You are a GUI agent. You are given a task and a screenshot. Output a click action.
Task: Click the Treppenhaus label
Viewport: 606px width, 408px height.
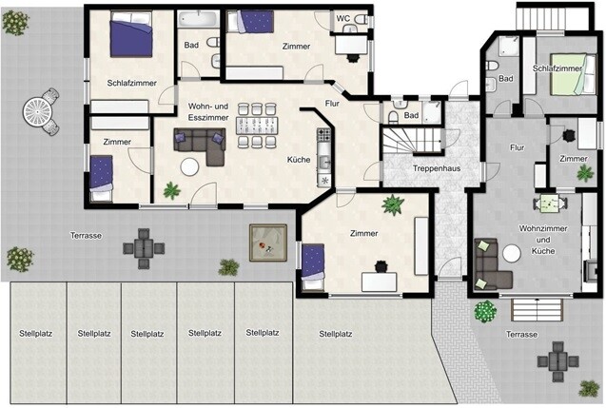(437, 168)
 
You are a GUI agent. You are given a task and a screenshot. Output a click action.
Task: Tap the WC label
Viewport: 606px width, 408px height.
(342, 18)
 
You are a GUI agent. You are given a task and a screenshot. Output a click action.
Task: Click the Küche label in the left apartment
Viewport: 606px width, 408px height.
(299, 160)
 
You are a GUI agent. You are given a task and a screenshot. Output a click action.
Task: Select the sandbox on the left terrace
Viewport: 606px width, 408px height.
(268, 243)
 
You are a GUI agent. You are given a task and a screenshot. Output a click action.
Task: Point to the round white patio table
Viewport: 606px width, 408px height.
(37, 112)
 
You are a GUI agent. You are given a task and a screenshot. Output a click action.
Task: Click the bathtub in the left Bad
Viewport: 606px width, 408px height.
(198, 19)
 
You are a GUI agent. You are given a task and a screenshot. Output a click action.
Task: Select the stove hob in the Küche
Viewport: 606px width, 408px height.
(323, 135)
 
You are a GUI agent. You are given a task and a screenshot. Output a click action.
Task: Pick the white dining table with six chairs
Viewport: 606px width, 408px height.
(257, 126)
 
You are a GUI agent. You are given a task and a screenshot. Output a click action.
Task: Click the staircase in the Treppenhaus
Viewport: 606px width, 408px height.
(412, 141)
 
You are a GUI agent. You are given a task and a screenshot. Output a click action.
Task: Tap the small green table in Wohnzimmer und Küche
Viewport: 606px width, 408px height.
(550, 204)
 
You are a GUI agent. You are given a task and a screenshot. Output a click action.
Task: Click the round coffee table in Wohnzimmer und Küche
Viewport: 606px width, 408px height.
(512, 254)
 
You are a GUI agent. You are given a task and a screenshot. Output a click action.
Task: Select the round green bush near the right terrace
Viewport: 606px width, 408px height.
(485, 311)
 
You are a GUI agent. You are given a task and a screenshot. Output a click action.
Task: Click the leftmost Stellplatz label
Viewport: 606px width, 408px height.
(35, 334)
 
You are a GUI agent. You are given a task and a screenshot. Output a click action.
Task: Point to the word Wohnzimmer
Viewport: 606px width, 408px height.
(543, 228)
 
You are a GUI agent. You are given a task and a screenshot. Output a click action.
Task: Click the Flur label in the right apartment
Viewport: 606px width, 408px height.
(518, 147)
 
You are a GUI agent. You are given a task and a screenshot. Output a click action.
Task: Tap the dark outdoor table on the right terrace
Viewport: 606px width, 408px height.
(557, 362)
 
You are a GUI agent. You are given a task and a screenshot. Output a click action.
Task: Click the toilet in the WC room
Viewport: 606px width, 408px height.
(362, 19)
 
